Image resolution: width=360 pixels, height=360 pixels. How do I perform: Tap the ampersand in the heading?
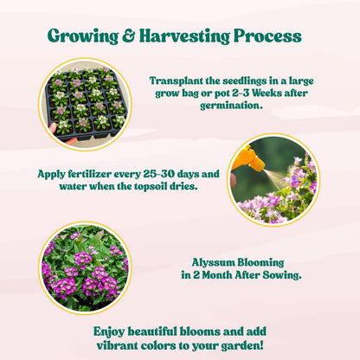tap(128, 36)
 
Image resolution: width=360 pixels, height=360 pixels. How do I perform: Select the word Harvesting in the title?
tap(183, 36)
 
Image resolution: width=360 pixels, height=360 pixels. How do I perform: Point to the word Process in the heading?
tap(267, 36)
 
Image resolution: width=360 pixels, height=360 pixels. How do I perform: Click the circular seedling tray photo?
tap(85, 105)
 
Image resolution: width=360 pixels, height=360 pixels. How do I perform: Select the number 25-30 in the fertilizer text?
tap(153, 174)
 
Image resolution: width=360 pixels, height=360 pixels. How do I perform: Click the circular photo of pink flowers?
tap(85, 267)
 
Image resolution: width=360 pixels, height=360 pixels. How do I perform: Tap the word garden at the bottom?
tap(241, 345)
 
